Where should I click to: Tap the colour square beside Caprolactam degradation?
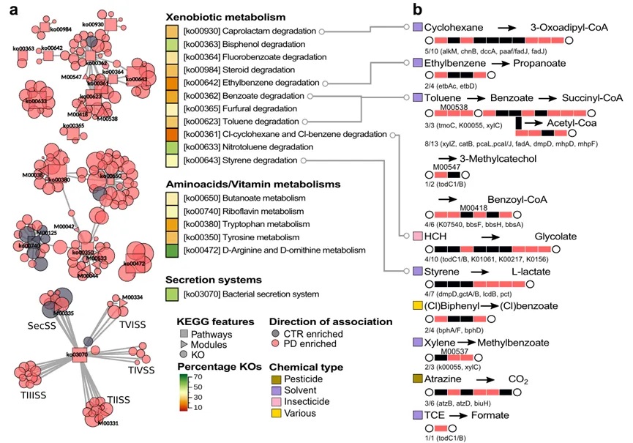coord(172,31)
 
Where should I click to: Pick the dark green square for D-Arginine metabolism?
coord(172,251)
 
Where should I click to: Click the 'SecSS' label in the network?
coord(40,324)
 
